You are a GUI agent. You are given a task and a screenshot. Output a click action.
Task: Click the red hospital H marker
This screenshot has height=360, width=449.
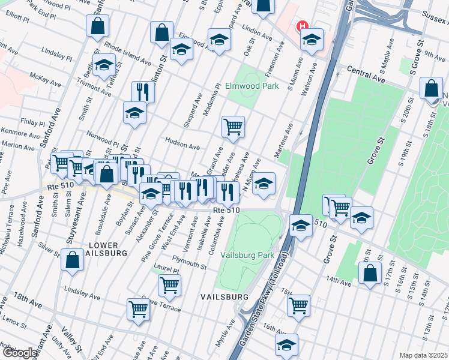(303, 26)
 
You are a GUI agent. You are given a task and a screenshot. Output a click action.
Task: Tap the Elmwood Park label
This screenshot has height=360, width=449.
(252, 86)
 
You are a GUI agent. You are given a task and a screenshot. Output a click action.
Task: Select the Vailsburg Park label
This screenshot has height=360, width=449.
(247, 255)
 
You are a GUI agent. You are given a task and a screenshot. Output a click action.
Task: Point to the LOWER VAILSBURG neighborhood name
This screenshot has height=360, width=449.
(107, 249)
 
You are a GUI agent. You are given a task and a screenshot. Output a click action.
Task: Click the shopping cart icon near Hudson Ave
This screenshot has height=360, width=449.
(233, 127)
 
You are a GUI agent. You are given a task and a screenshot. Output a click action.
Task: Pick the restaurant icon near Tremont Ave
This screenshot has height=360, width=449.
(143, 91)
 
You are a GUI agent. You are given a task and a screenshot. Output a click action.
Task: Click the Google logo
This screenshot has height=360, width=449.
(19, 353)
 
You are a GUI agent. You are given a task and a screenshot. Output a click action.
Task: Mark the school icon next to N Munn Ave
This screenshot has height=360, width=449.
(264, 184)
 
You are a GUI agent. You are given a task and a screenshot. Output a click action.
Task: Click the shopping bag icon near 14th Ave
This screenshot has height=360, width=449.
(370, 272)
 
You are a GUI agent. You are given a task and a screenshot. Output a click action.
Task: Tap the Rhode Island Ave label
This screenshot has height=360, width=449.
(127, 53)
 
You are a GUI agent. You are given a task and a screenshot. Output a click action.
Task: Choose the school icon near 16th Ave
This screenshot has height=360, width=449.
(286, 344)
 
